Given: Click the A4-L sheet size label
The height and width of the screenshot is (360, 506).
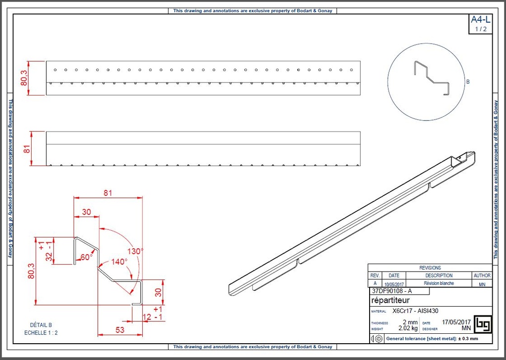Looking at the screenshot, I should [480, 20].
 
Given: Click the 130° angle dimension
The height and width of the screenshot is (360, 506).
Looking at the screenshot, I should [134, 251].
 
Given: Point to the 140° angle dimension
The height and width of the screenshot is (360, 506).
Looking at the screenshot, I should [119, 262].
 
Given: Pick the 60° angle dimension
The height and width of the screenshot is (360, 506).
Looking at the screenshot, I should [86, 257].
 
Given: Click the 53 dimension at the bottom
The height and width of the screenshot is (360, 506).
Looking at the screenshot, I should [120, 330].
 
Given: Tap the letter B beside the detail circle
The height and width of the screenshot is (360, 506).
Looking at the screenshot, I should [468, 83].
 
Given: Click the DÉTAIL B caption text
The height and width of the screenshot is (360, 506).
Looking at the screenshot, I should [41, 325].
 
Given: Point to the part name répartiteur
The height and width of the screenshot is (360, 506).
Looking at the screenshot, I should [390, 300].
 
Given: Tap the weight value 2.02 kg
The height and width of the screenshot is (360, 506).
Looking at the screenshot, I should [408, 328].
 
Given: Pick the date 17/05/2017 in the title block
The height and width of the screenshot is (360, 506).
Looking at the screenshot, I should [457, 322].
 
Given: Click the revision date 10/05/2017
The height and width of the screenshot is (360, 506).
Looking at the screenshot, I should [394, 284].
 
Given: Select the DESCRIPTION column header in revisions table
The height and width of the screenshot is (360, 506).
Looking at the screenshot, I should [438, 275].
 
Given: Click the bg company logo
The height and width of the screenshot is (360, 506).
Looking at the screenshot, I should [482, 324].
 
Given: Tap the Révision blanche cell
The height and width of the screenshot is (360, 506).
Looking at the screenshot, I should [438, 283].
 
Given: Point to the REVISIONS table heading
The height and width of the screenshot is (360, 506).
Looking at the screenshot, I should [430, 268].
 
